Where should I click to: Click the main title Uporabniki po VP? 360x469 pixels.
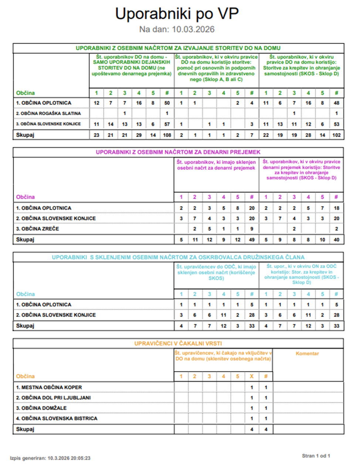click(177, 14)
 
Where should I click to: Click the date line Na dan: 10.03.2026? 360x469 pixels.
click(177, 30)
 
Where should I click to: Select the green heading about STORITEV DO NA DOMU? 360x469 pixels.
click(178, 48)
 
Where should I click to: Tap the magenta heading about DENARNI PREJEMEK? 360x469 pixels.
click(178, 152)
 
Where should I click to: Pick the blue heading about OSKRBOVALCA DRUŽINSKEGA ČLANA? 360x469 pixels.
click(178, 257)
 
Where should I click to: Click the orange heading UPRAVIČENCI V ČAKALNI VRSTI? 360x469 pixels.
click(178, 343)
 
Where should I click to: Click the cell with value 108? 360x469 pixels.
click(167, 135)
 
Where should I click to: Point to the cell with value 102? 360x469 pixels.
click(336, 135)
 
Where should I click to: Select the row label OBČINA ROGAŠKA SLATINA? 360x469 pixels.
click(48, 113)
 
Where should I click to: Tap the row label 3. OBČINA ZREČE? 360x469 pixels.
click(37, 229)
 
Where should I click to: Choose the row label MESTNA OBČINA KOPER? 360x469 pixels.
click(49, 387)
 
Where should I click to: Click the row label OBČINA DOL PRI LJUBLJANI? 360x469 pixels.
click(53, 398)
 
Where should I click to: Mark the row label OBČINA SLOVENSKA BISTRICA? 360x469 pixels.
click(57, 418)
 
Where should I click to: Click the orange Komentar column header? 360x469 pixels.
click(307, 354)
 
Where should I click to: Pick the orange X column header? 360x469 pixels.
click(252, 376)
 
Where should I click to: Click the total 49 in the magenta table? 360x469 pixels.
click(252, 240)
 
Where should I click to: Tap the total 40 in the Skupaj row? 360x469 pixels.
click(336, 240)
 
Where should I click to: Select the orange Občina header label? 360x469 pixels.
click(25, 376)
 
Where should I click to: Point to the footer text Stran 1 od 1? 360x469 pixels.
click(316, 456)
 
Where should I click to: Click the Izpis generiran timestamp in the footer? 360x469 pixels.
click(50, 458)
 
